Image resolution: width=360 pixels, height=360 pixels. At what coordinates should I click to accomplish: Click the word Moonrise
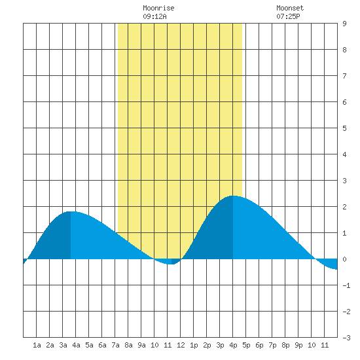tap(158, 8)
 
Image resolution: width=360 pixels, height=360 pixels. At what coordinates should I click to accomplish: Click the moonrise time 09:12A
tap(154, 16)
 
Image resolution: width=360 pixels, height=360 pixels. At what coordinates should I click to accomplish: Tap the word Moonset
tap(290, 8)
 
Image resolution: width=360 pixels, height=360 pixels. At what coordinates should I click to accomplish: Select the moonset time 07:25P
tap(288, 16)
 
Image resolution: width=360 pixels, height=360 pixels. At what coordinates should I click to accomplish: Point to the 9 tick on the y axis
tap(344, 24)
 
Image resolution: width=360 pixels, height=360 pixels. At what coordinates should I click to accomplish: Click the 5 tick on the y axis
tap(344, 128)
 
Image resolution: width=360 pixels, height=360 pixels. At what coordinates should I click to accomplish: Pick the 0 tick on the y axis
tap(344, 259)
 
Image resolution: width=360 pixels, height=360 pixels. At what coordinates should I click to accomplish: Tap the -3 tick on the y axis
tap(346, 338)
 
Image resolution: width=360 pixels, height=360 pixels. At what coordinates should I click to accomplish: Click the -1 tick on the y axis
tap(346, 285)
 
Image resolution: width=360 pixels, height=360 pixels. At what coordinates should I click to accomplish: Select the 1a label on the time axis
tap(37, 345)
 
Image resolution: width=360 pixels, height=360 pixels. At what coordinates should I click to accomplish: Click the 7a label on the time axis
tap(115, 345)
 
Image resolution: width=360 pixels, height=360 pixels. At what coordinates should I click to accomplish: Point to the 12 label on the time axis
tap(181, 345)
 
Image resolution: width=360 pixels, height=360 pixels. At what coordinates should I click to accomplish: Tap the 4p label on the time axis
tap(233, 345)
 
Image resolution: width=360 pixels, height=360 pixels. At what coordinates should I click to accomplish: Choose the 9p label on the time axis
tap(298, 345)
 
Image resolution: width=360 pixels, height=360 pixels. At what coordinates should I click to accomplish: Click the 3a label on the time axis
tap(63, 345)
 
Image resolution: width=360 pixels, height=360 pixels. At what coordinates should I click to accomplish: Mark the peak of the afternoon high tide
tap(233, 196)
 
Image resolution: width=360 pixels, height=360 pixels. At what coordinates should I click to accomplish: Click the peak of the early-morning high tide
tap(71, 211)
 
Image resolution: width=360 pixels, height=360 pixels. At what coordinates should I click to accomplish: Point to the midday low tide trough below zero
tap(171, 264)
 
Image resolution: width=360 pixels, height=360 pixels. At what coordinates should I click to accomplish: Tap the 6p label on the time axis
tap(259, 345)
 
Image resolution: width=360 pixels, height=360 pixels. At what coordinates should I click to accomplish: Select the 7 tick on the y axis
tap(344, 76)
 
